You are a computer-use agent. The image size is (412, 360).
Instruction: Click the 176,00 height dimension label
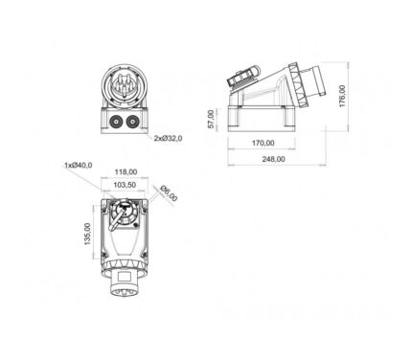coord(342,96)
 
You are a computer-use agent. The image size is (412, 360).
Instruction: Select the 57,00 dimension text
coord(211,120)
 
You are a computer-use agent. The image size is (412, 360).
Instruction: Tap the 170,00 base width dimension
coord(263,143)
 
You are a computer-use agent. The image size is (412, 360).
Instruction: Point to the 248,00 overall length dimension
coord(274,159)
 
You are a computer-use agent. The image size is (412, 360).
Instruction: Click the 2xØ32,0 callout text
coord(169,138)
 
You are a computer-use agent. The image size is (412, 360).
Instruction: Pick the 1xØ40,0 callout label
coord(79,165)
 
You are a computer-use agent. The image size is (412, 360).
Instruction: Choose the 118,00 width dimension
coord(126,172)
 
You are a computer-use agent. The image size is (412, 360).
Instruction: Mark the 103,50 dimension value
coord(125,185)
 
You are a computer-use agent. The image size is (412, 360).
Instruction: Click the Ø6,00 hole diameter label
coord(169,193)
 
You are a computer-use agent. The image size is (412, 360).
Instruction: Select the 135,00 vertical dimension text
coord(87,234)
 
